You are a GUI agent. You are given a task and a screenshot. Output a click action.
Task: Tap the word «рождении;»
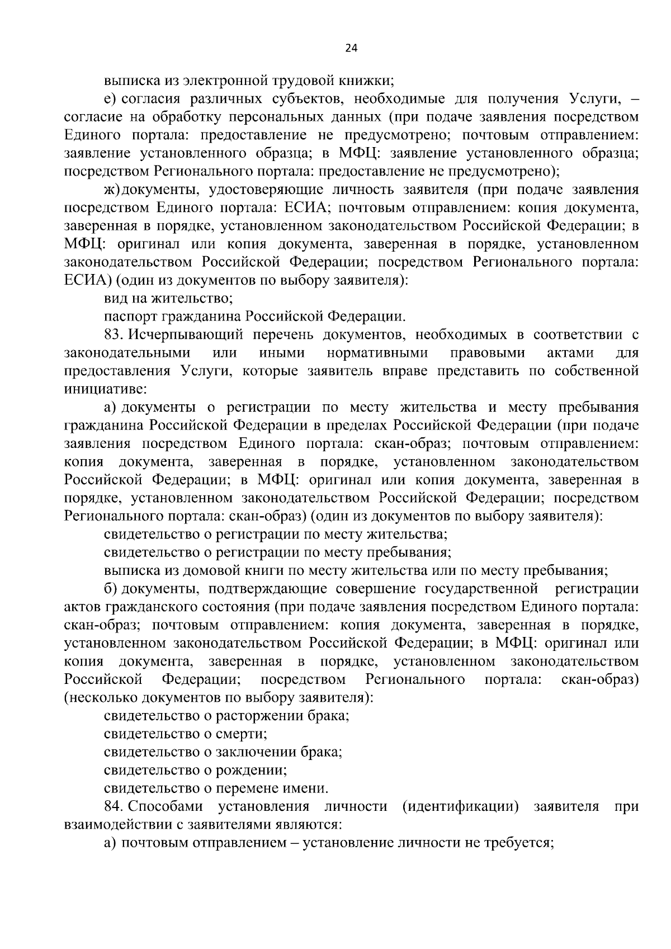point(255,770)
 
